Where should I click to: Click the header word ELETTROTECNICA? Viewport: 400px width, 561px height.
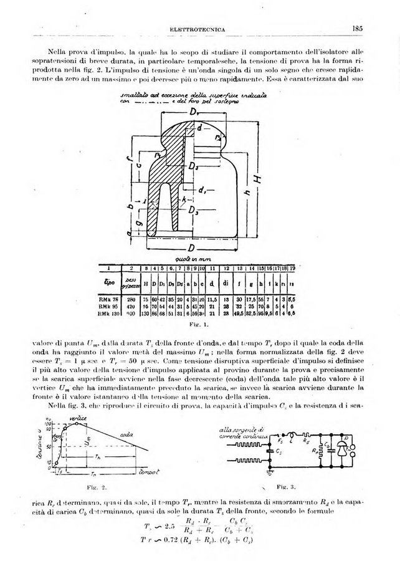click(x=201, y=29)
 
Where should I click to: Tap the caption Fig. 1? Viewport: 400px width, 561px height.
click(x=201, y=325)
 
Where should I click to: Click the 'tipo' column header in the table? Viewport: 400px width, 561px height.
click(x=113, y=282)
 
